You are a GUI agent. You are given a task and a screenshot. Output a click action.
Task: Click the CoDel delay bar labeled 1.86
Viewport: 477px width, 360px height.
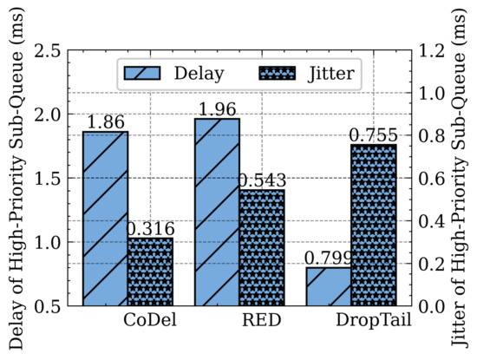click(x=105, y=219)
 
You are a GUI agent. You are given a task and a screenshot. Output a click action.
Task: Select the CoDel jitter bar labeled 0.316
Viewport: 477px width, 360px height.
click(x=150, y=272)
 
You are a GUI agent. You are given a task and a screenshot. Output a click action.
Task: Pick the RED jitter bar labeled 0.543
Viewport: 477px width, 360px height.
click(x=262, y=247)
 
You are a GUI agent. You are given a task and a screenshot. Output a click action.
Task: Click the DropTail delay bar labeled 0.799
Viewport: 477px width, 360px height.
click(x=330, y=286)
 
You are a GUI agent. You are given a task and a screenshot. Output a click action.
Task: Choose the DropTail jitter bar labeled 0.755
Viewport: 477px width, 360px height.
click(x=375, y=225)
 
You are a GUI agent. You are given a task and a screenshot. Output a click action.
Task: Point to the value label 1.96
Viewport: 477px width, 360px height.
click(x=218, y=110)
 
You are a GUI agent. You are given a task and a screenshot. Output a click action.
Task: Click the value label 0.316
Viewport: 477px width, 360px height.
click(x=151, y=229)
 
